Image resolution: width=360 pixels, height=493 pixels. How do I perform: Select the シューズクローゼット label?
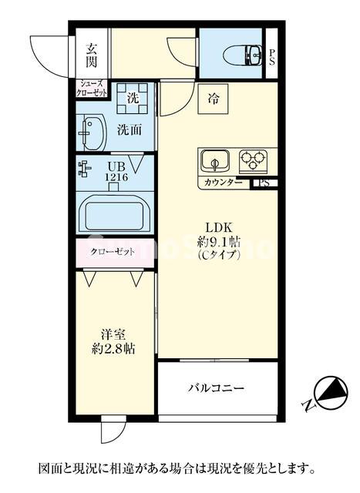coord(93,87)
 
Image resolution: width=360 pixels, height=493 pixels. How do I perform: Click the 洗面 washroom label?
coord(129,130)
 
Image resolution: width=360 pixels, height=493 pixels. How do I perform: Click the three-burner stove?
coord(252,161)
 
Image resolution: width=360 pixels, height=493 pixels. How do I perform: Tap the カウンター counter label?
coord(224,183)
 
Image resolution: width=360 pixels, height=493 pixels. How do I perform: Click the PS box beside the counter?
coord(264,183)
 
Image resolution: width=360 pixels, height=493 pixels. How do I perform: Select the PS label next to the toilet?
coord(271,59)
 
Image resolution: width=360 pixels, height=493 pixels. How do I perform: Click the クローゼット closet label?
coord(114,252)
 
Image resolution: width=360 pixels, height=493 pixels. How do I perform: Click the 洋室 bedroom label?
coord(113,335)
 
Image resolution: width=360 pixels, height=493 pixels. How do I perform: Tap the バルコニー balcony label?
coord(217,388)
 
